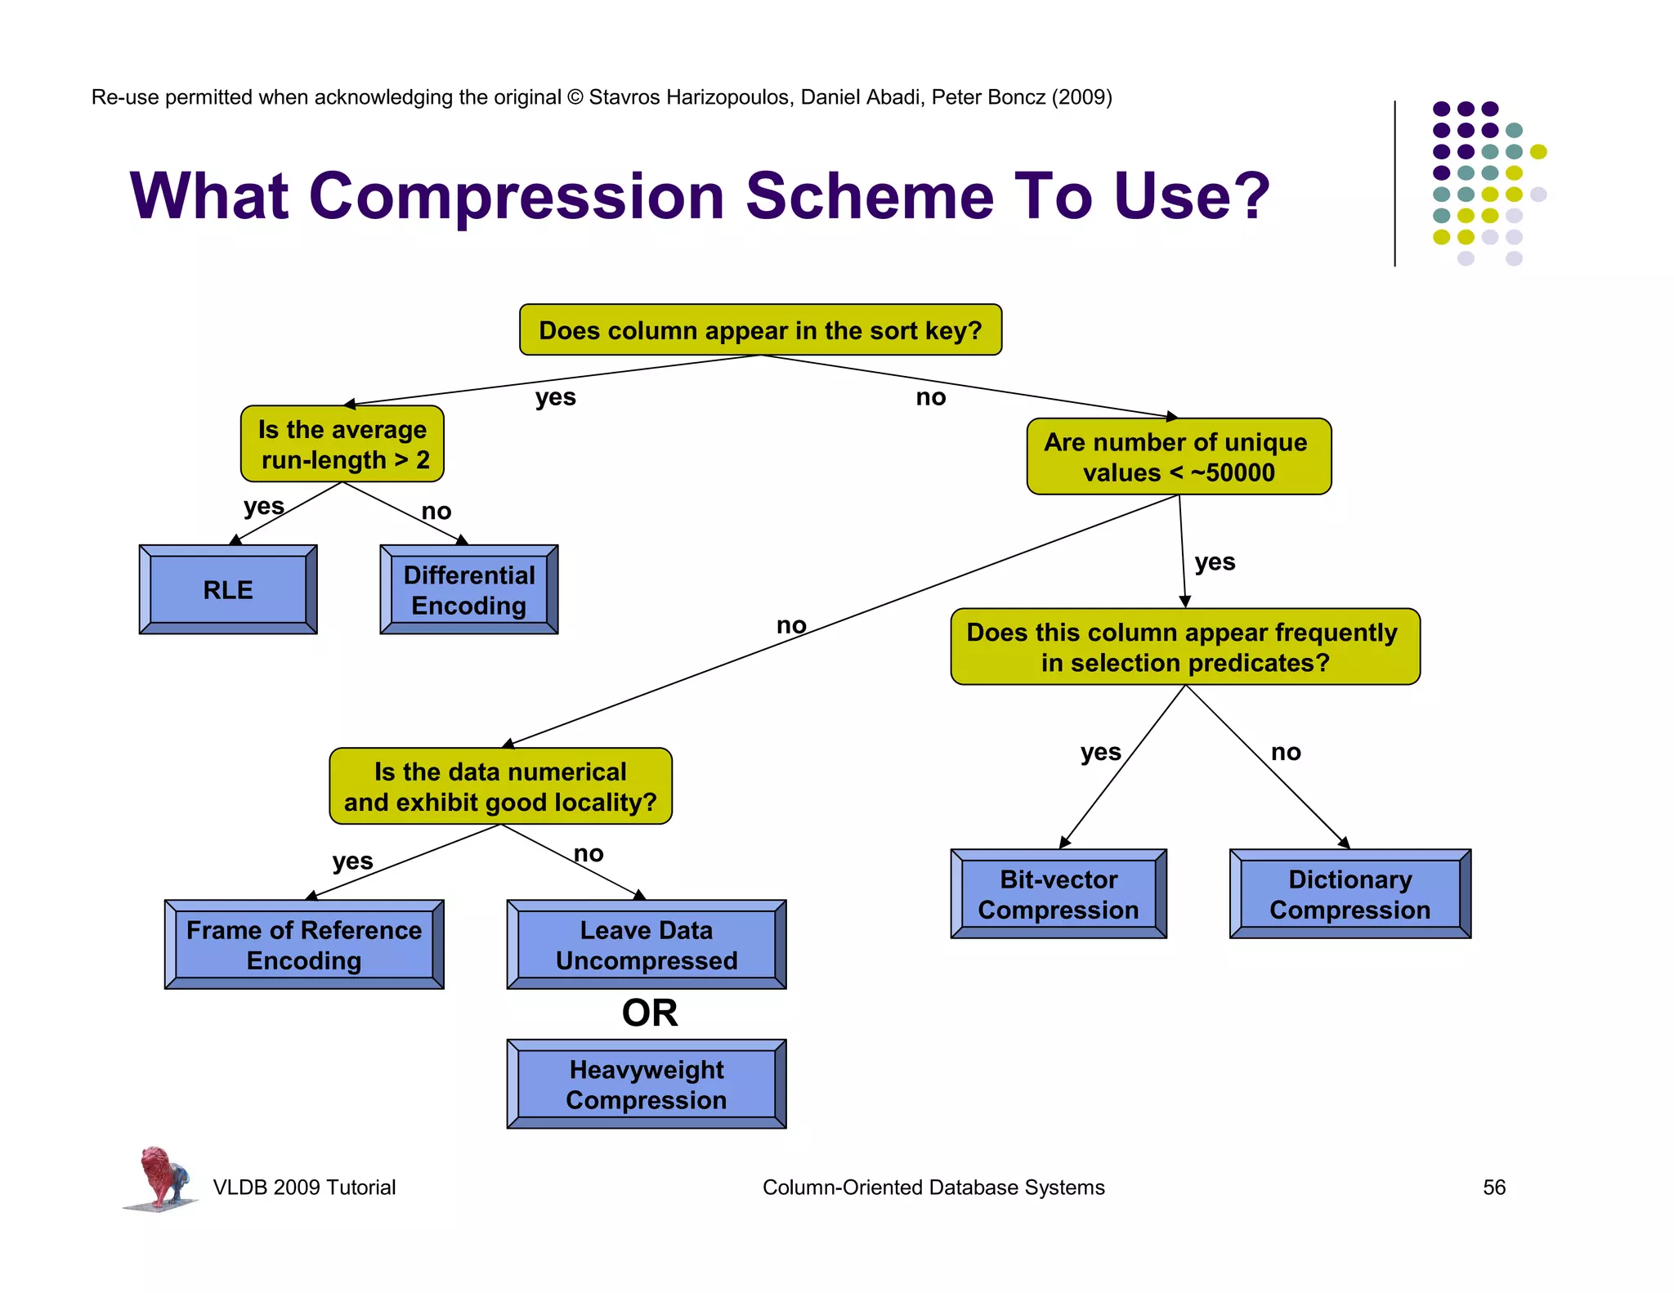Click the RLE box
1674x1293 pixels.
click(228, 589)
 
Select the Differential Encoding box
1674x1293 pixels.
click(468, 589)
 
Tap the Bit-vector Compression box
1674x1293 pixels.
click(1058, 894)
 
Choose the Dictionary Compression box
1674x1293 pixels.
click(1349, 894)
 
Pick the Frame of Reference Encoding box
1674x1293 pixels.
click(303, 945)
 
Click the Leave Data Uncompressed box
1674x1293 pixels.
click(646, 945)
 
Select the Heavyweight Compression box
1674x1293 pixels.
click(646, 1085)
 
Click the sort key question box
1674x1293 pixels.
click(760, 330)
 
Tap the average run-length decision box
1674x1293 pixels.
click(342, 445)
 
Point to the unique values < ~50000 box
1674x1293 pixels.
click(1178, 457)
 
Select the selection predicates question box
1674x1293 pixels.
click(1184, 646)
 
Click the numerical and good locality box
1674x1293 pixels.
click(500, 786)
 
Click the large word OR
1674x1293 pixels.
click(650, 1013)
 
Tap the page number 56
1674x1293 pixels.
click(1493, 1187)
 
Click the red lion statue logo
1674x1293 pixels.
click(161, 1177)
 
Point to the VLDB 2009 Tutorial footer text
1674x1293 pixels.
click(304, 1187)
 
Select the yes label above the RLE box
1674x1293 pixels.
click(263, 506)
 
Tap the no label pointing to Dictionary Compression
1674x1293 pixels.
click(1285, 752)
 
